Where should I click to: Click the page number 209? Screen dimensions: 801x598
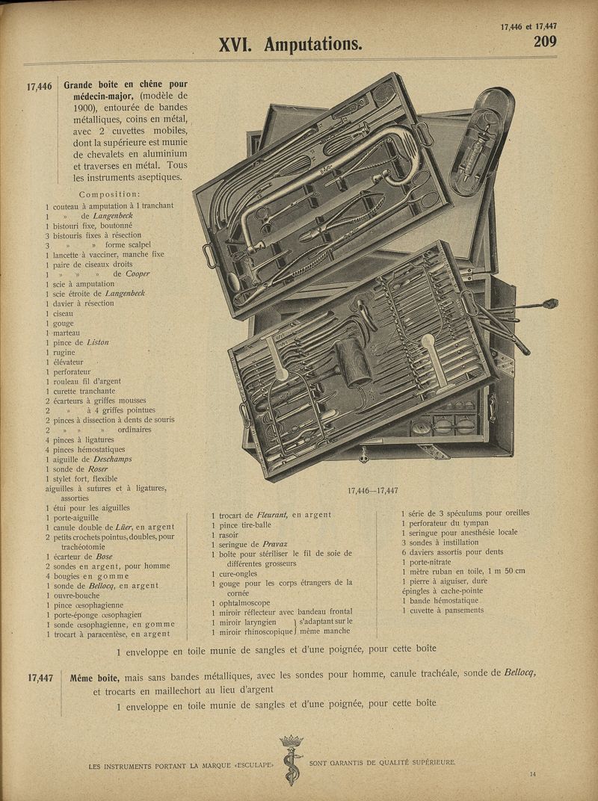coord(544,42)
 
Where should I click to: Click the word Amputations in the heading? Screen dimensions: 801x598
coord(312,45)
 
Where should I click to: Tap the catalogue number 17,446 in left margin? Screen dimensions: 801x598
coord(40,87)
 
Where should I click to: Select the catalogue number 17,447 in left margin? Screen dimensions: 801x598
coord(40,678)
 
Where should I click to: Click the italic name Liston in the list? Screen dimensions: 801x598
coord(97,342)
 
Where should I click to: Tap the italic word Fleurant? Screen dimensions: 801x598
coord(271,515)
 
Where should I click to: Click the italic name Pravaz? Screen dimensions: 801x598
coord(273,544)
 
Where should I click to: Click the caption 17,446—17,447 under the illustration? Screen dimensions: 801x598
coord(372,491)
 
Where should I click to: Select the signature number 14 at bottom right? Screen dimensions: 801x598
coord(532,774)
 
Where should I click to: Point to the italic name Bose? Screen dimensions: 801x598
coord(103,557)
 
